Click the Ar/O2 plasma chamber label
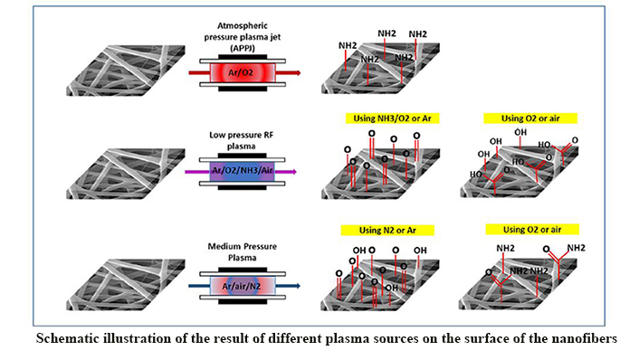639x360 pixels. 241,71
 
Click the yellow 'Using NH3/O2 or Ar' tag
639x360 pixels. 380,118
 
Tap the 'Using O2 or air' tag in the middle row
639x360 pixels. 517,118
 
